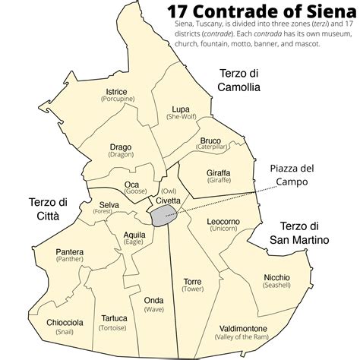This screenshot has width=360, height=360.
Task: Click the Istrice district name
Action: click(117, 92)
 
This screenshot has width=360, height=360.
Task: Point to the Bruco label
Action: click(210, 141)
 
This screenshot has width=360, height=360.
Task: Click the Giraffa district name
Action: click(218, 173)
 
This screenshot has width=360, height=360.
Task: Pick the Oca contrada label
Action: click(132, 184)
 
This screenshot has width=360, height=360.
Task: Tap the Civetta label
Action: click(169, 200)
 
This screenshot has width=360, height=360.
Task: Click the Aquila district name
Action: click(134, 235)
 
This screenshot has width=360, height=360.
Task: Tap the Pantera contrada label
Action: click(70, 251)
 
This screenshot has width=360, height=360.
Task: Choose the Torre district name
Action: click(193, 281)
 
